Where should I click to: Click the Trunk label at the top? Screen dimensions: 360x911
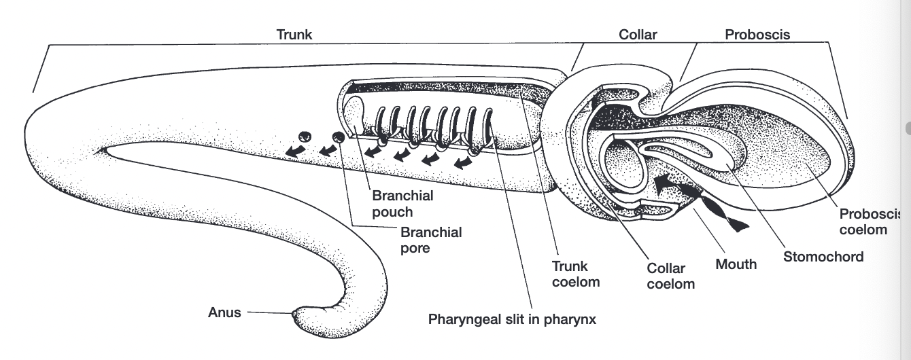tap(294, 34)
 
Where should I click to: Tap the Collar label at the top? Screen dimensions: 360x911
tap(638, 34)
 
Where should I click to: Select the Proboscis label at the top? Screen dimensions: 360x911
tap(757, 34)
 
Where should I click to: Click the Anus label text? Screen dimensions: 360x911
tap(224, 313)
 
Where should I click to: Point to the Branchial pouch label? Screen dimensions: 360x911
tap(402, 202)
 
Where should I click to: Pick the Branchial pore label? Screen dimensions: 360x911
tap(430, 240)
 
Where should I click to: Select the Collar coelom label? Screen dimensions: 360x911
tap(670, 276)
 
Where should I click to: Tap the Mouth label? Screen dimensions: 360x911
tap(736, 264)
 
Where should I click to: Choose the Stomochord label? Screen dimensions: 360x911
tap(823, 257)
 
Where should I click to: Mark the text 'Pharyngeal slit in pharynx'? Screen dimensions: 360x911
tap(512, 319)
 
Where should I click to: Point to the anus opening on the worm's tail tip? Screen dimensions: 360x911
tap(294, 314)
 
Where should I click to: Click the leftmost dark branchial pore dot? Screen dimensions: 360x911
tap(305, 137)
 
